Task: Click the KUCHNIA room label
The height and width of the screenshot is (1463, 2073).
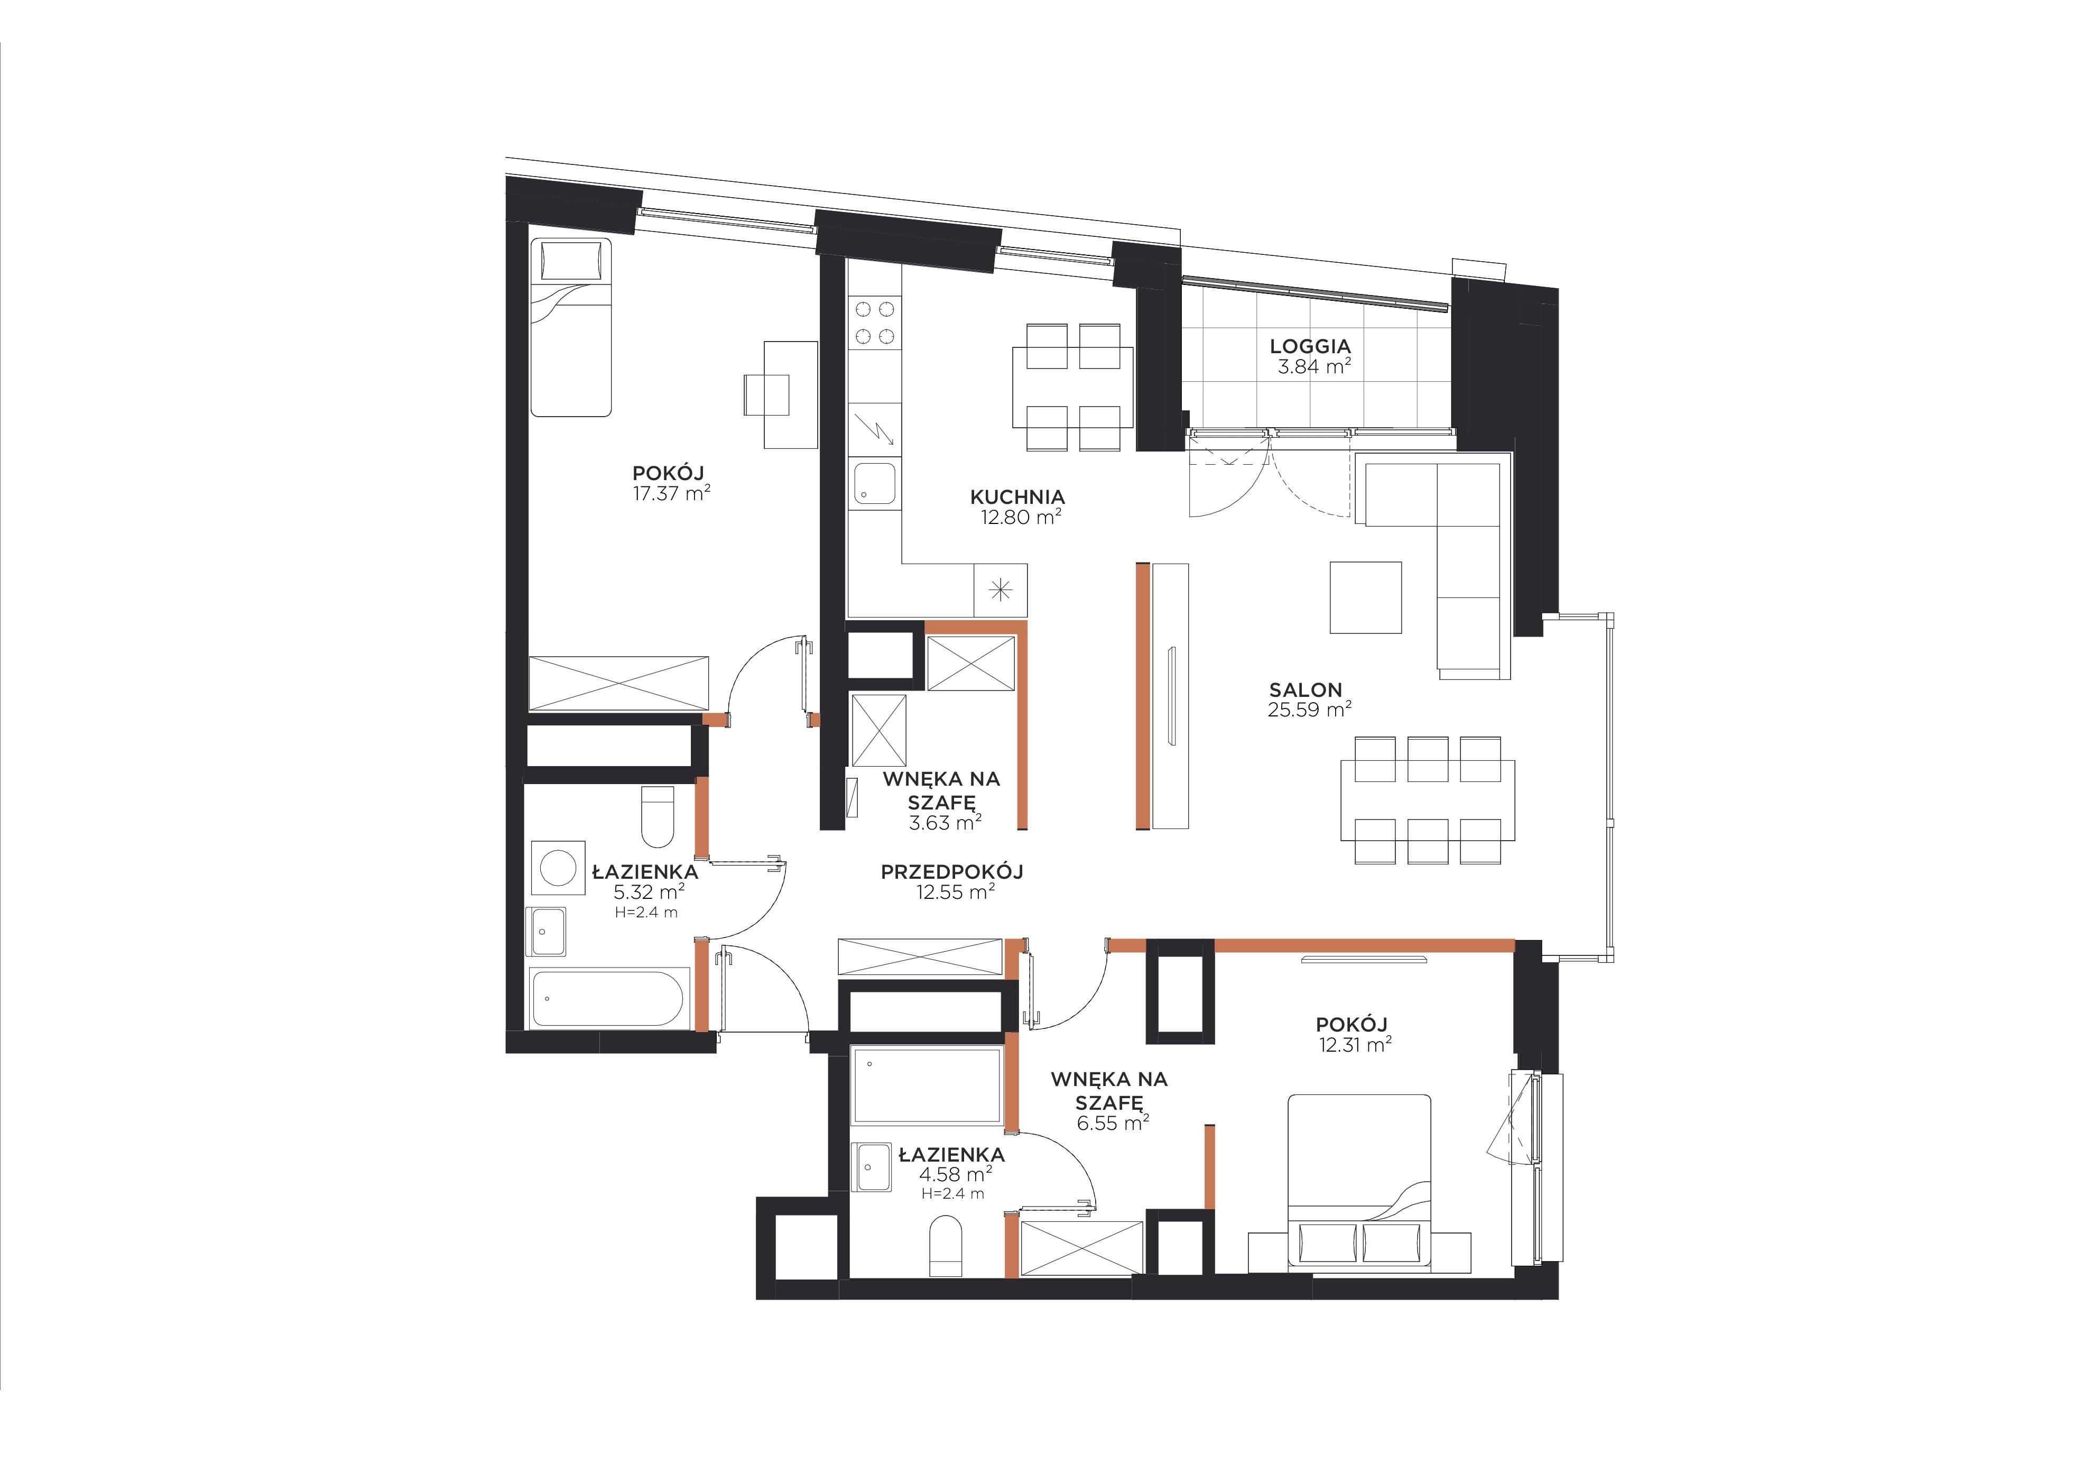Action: pyautogui.click(x=1017, y=496)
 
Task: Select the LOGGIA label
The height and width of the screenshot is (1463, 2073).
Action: pyautogui.click(x=1310, y=346)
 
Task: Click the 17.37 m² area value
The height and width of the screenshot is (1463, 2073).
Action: pyautogui.click(x=672, y=493)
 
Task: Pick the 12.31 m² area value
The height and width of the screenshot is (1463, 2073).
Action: pyautogui.click(x=1354, y=1045)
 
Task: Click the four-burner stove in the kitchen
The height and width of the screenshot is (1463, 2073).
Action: pyautogui.click(x=875, y=323)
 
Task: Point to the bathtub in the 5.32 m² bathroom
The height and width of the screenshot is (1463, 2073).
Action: pyautogui.click(x=609, y=998)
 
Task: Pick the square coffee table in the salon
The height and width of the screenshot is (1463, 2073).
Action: pyautogui.click(x=1365, y=597)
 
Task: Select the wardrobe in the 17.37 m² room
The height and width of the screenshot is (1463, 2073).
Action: pyautogui.click(x=618, y=684)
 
